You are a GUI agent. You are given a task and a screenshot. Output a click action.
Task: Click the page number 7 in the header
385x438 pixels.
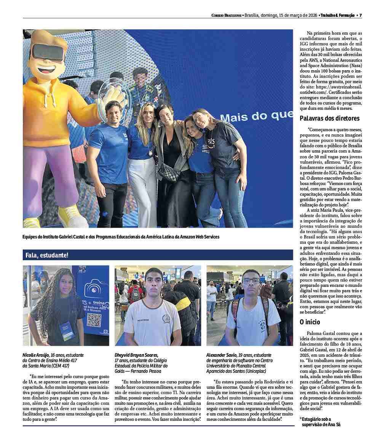(360, 15)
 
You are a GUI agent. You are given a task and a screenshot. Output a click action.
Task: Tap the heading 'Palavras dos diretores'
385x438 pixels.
(329, 118)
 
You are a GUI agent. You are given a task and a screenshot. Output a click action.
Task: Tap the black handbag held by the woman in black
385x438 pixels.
(169, 171)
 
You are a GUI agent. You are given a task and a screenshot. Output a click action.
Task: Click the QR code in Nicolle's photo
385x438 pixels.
(94, 320)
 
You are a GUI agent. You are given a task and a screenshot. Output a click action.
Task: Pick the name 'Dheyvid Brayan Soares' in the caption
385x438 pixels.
(136, 355)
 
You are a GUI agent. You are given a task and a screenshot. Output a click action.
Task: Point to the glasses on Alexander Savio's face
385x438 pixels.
(251, 281)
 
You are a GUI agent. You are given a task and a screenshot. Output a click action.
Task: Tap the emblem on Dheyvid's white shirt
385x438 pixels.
(166, 319)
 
